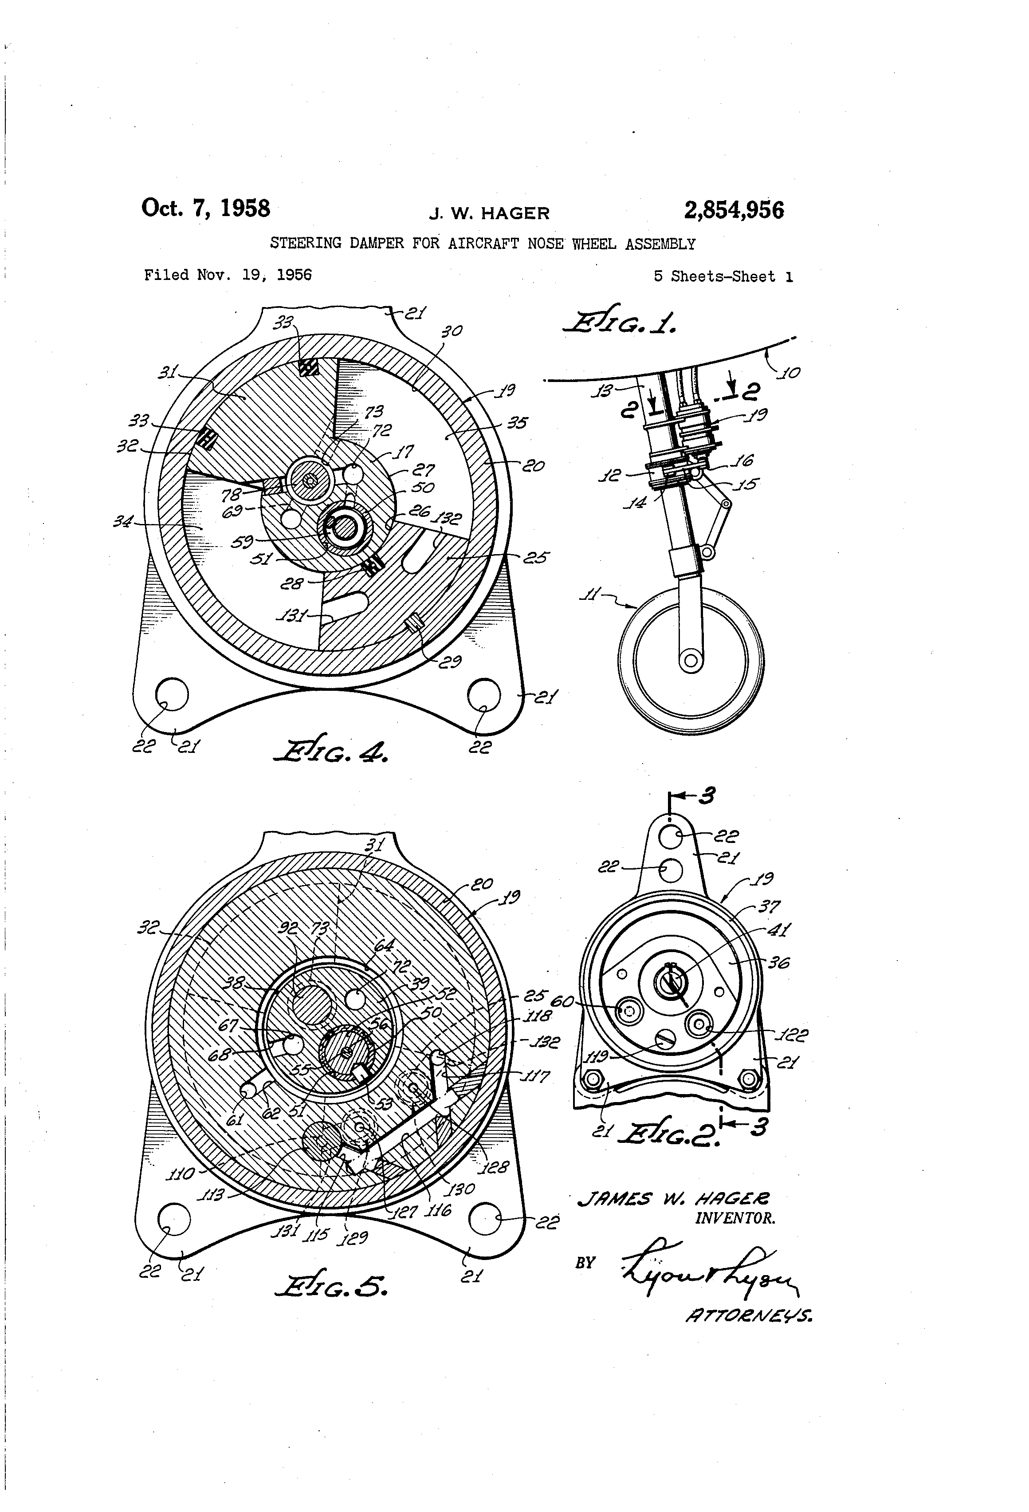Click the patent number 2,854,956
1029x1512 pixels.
734,210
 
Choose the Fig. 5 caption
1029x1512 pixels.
332,1286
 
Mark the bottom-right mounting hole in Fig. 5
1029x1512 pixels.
485,1219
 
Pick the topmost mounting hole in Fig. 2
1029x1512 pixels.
670,837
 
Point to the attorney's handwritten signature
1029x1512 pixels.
709,1266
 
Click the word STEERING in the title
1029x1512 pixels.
305,243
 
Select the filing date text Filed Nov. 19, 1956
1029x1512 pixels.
228,275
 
